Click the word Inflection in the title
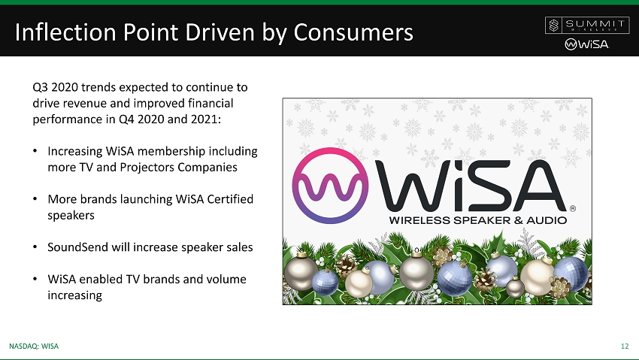[x=65, y=32]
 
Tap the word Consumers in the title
[x=353, y=32]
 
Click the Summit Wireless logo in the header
[x=586, y=26]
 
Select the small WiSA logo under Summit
[x=587, y=44]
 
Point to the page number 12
[x=625, y=346]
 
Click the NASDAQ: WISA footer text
[x=34, y=346]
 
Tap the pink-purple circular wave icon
[x=330, y=186]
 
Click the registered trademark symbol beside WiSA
[x=573, y=208]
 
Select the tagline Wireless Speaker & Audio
[x=478, y=220]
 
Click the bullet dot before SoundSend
[x=35, y=247]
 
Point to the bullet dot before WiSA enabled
[x=35, y=280]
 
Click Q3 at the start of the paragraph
[x=40, y=87]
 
